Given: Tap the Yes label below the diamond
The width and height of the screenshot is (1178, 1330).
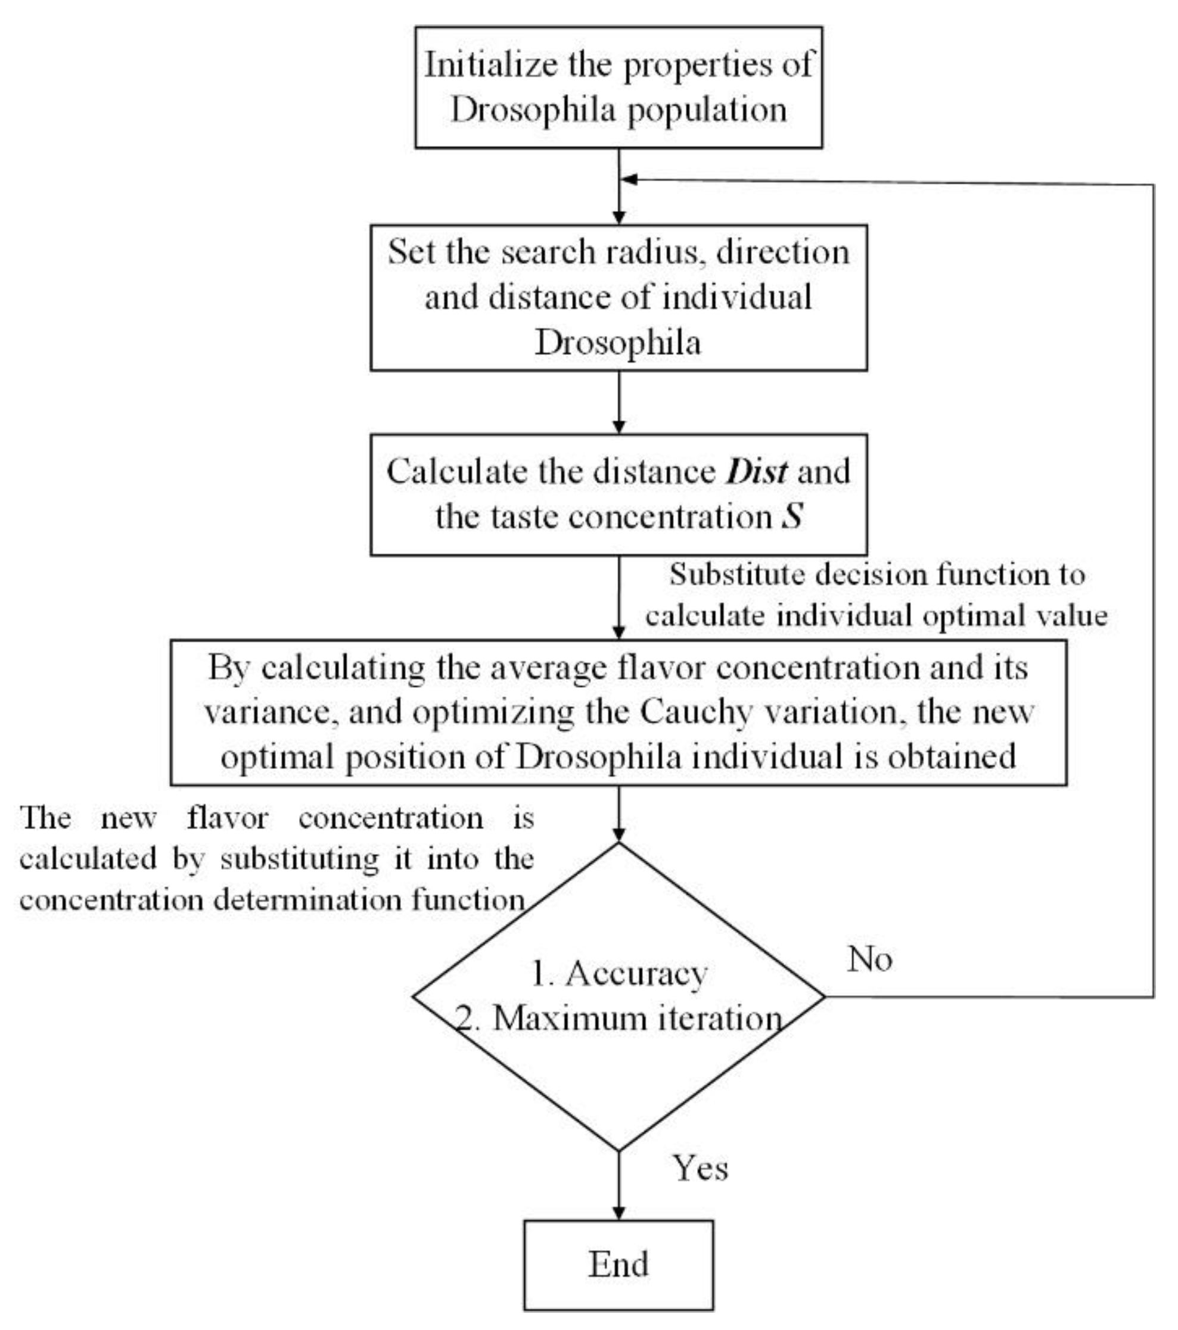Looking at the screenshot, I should [700, 1168].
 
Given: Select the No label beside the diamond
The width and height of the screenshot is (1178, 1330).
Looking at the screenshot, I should [869, 959].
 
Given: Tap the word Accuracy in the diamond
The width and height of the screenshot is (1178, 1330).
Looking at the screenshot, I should [636, 974].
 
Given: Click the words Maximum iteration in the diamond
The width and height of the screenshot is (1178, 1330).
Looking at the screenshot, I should [637, 1018].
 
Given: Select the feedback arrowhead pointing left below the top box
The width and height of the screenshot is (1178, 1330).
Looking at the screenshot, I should [629, 180].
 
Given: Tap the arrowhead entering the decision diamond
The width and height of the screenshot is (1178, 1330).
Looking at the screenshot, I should [619, 835].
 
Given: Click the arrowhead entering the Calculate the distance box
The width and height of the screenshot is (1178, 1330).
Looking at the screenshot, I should [619, 427].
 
